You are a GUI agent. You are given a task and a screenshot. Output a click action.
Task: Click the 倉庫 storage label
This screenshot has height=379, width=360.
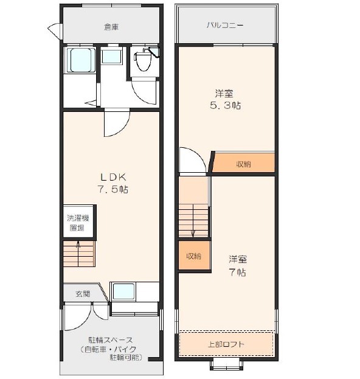click(111, 27)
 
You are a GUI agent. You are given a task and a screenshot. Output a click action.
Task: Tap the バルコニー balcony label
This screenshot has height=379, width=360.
click(225, 26)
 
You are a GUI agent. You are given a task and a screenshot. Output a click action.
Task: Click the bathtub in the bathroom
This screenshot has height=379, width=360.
click(81, 60)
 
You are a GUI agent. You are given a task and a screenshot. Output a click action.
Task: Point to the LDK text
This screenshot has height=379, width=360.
click(113, 177)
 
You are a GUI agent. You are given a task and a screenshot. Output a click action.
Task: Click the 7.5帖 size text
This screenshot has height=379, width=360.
click(113, 189)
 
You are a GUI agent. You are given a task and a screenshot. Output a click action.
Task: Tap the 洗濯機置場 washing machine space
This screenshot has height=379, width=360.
click(78, 223)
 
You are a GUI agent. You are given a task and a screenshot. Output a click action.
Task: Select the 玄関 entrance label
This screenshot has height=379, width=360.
click(83, 294)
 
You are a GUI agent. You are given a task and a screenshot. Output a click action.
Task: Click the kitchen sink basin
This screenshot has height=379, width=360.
click(123, 291)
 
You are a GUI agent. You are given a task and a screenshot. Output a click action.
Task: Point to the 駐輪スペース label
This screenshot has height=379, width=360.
click(111, 340)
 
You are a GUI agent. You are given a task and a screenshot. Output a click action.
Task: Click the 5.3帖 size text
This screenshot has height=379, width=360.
click(225, 105)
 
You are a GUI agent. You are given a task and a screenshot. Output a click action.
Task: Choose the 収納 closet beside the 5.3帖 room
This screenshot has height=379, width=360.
click(243, 162)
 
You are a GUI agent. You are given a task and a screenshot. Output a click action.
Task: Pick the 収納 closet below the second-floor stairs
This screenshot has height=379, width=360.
click(194, 256)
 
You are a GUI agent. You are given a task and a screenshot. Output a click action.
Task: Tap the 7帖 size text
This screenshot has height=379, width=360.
click(238, 273)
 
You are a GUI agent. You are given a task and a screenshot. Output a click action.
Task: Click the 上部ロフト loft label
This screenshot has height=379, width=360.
click(226, 344)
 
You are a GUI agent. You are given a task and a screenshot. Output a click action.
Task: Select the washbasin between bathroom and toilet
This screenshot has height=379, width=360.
click(111, 56)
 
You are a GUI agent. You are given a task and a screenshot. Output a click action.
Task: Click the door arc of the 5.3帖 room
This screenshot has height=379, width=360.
click(197, 154)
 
